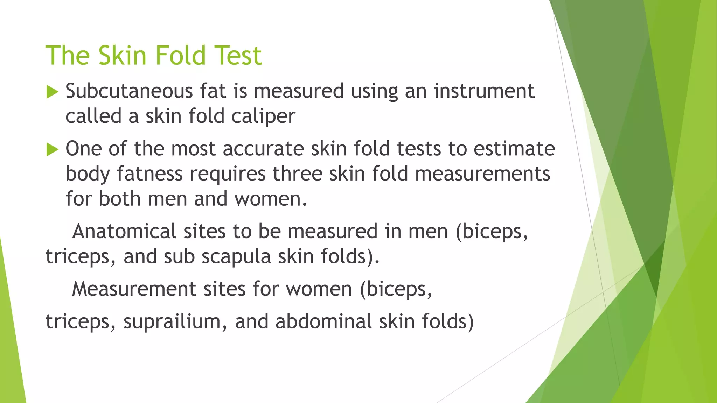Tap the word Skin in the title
(122, 56)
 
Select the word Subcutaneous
(129, 91)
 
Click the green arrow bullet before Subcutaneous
(52, 92)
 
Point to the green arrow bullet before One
(52, 150)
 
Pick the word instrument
(484, 92)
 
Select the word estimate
(514, 149)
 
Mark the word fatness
(149, 174)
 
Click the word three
(297, 174)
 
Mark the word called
(93, 116)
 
